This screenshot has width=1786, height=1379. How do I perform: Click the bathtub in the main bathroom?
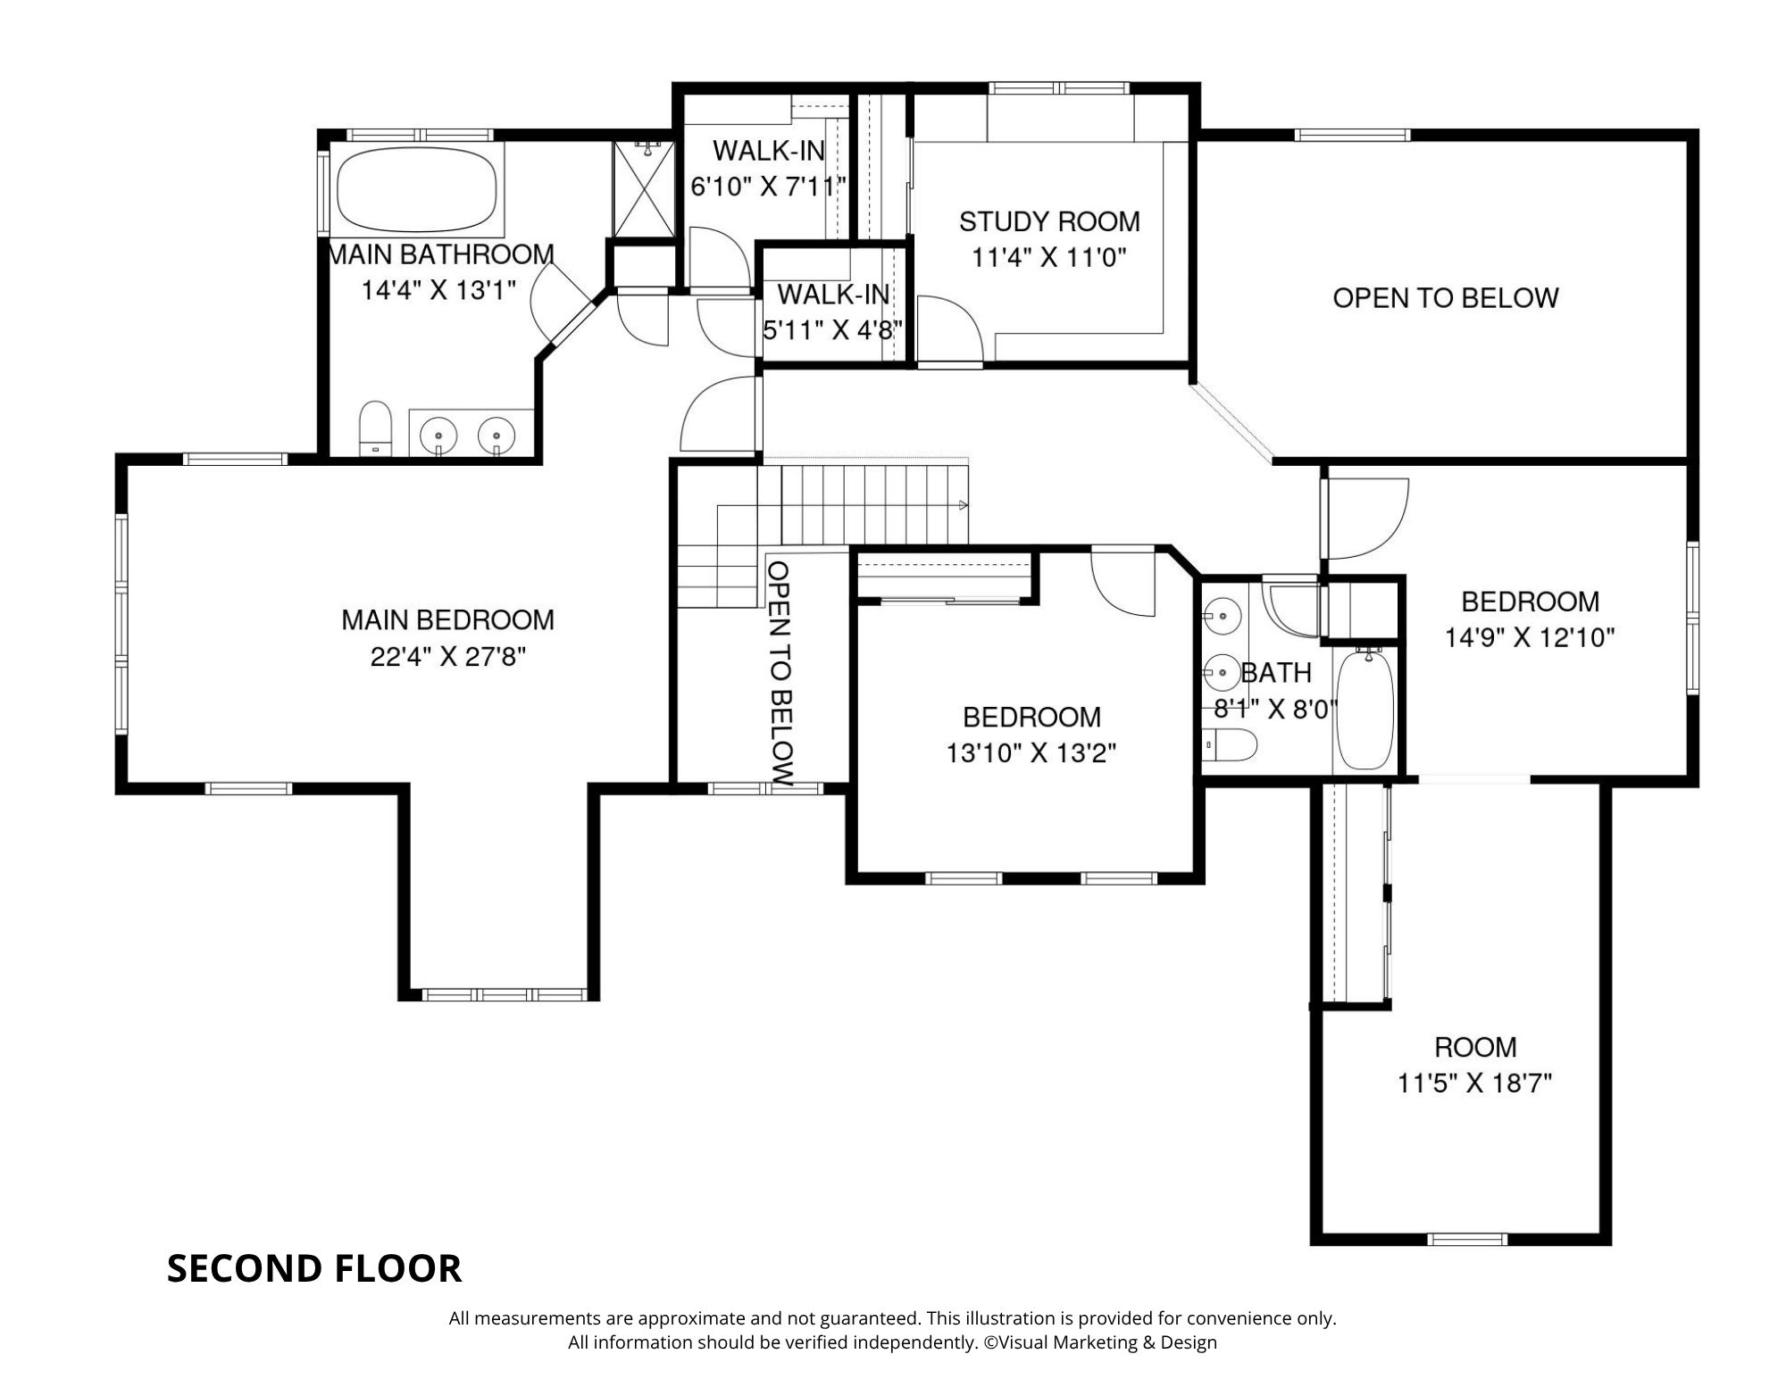click(418, 189)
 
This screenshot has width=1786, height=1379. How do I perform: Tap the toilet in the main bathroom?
click(375, 428)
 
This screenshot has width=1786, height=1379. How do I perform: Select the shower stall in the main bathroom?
click(643, 188)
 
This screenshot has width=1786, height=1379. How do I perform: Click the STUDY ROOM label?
click(1049, 221)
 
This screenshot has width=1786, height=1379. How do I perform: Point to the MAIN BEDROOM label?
click(447, 619)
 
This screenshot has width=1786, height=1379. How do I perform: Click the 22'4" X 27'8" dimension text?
click(447, 657)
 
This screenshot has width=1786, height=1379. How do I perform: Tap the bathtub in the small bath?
click(1364, 710)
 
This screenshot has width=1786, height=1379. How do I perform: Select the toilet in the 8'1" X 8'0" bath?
click(1229, 744)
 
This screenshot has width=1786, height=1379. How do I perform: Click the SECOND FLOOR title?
click(314, 1268)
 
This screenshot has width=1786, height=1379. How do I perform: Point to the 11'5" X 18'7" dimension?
click(1474, 1084)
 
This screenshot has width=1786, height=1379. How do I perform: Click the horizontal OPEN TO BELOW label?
click(1446, 298)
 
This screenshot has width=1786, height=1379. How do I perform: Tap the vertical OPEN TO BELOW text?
click(780, 673)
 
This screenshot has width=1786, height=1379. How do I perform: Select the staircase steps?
click(822, 527)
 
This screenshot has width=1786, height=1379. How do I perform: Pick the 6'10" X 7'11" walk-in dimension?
click(768, 187)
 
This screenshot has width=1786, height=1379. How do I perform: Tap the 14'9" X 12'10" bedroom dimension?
click(1530, 637)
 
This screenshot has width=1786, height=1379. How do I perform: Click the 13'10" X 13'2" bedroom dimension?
click(1031, 753)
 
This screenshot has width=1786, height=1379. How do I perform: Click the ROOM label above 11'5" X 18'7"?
click(1475, 1046)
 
